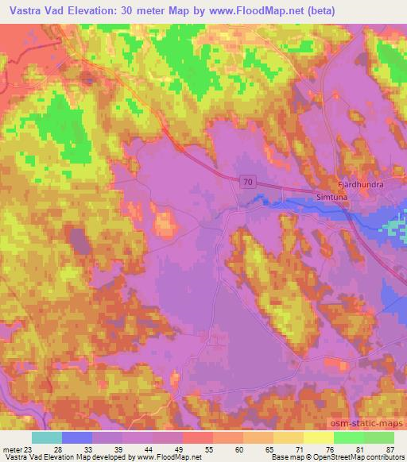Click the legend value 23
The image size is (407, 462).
[x=29, y=449]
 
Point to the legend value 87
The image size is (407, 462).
[x=390, y=449]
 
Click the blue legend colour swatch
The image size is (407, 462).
[x=76, y=437]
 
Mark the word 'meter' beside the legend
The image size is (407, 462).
[x=12, y=449]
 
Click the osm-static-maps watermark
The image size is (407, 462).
[x=372, y=421]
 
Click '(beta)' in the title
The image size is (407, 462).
[x=290, y=11]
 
